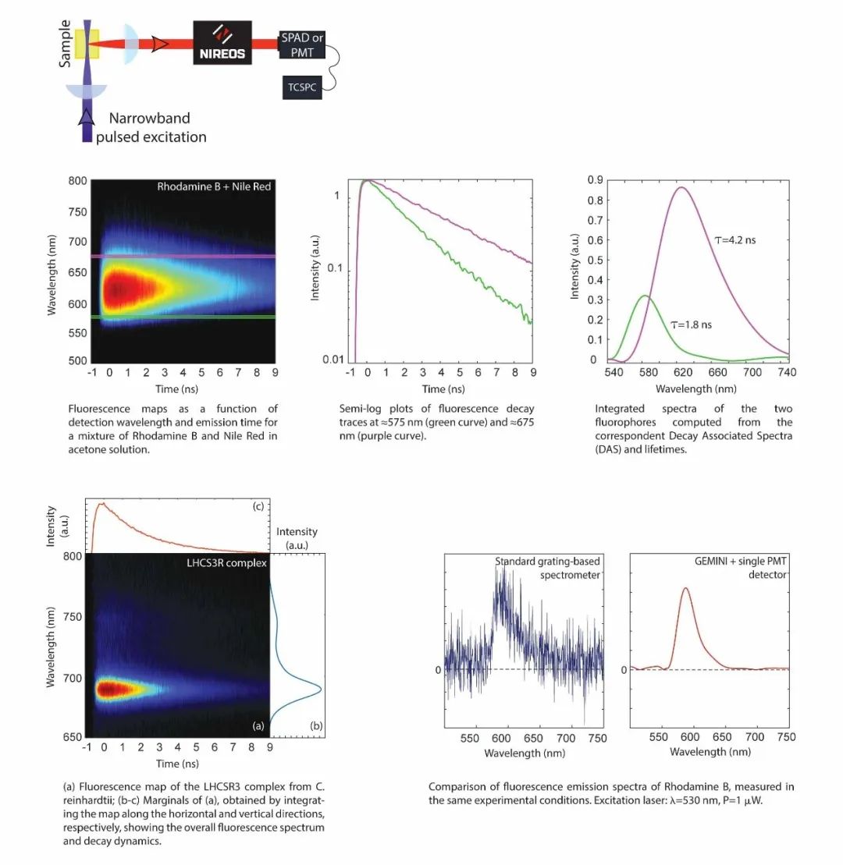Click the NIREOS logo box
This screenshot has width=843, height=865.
(x=222, y=42)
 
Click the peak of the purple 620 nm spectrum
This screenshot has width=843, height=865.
(x=681, y=187)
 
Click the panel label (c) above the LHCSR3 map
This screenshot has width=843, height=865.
(x=257, y=508)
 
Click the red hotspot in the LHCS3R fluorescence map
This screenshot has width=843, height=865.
(x=107, y=689)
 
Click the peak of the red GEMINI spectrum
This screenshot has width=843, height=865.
(x=686, y=589)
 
